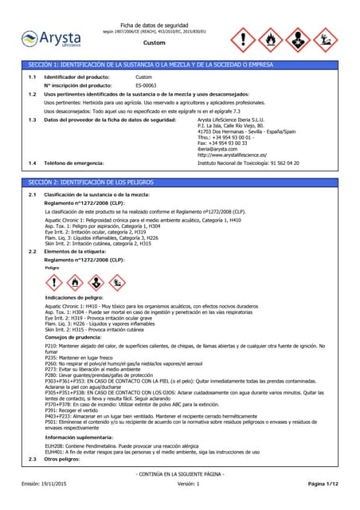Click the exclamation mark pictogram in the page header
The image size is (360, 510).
click(244, 38)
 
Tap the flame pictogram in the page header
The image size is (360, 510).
click(272, 38)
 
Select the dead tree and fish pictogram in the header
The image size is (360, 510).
click(327, 38)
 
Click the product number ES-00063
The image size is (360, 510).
click(146, 84)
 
